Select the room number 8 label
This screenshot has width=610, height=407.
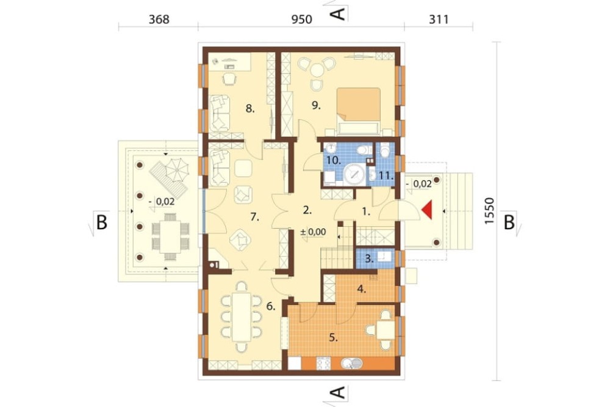pos(249,108)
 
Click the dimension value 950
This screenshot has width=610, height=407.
pos(301,19)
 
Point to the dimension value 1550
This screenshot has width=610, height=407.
pos(489,211)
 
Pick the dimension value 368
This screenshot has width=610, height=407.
pos(159,19)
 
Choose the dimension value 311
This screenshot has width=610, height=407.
pos(439,19)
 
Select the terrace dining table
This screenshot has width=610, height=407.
pos(170,237)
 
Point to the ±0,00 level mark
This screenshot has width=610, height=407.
pos(313,232)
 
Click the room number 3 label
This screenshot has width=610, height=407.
pos(369,258)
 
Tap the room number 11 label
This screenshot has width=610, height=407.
pos(386,176)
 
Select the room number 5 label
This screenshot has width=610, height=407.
pos(333,337)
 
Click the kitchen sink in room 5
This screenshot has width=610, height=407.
pos(352,364)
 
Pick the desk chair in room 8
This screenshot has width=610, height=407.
pos(230,79)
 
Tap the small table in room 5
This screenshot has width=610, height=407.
pos(385,330)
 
